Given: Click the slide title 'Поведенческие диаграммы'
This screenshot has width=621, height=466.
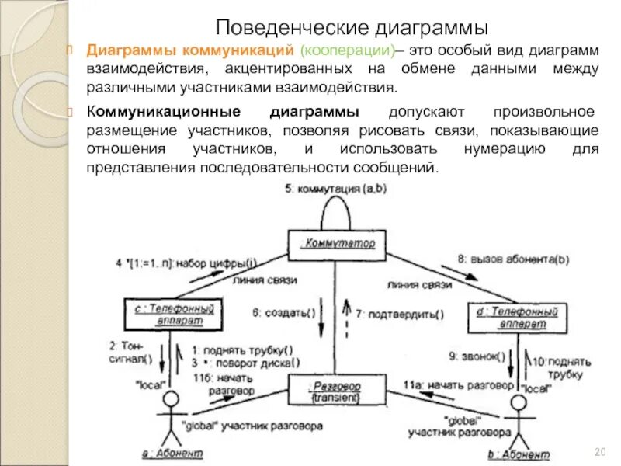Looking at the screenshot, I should [x=352, y=28].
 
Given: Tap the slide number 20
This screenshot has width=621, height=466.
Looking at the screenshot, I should [x=599, y=452].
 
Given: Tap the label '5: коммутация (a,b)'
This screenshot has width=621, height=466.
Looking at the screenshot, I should [x=335, y=188].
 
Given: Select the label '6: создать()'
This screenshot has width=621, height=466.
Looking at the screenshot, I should [x=283, y=313].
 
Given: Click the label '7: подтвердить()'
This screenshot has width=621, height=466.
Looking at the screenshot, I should [x=400, y=315].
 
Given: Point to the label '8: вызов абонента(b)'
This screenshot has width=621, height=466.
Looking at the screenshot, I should [x=513, y=259].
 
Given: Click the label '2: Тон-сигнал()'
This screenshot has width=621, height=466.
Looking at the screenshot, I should [x=131, y=352].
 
